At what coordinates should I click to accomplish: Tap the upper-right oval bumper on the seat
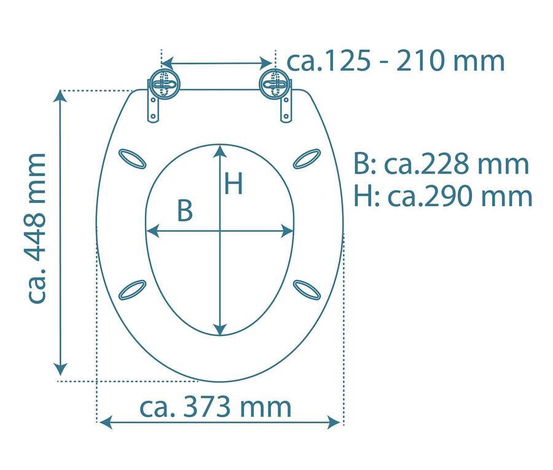coord(306,158)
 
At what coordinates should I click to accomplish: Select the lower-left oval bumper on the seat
coord(132,290)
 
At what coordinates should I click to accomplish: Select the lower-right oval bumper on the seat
coord(306,290)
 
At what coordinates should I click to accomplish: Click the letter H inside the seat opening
coord(233,183)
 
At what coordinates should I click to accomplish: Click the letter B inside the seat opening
coord(184,210)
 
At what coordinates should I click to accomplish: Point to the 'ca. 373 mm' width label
coord(216,407)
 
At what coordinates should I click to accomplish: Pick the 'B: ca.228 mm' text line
coord(441,164)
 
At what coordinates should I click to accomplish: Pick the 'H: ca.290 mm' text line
coord(442,196)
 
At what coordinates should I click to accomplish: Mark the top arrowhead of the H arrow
coord(220,150)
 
